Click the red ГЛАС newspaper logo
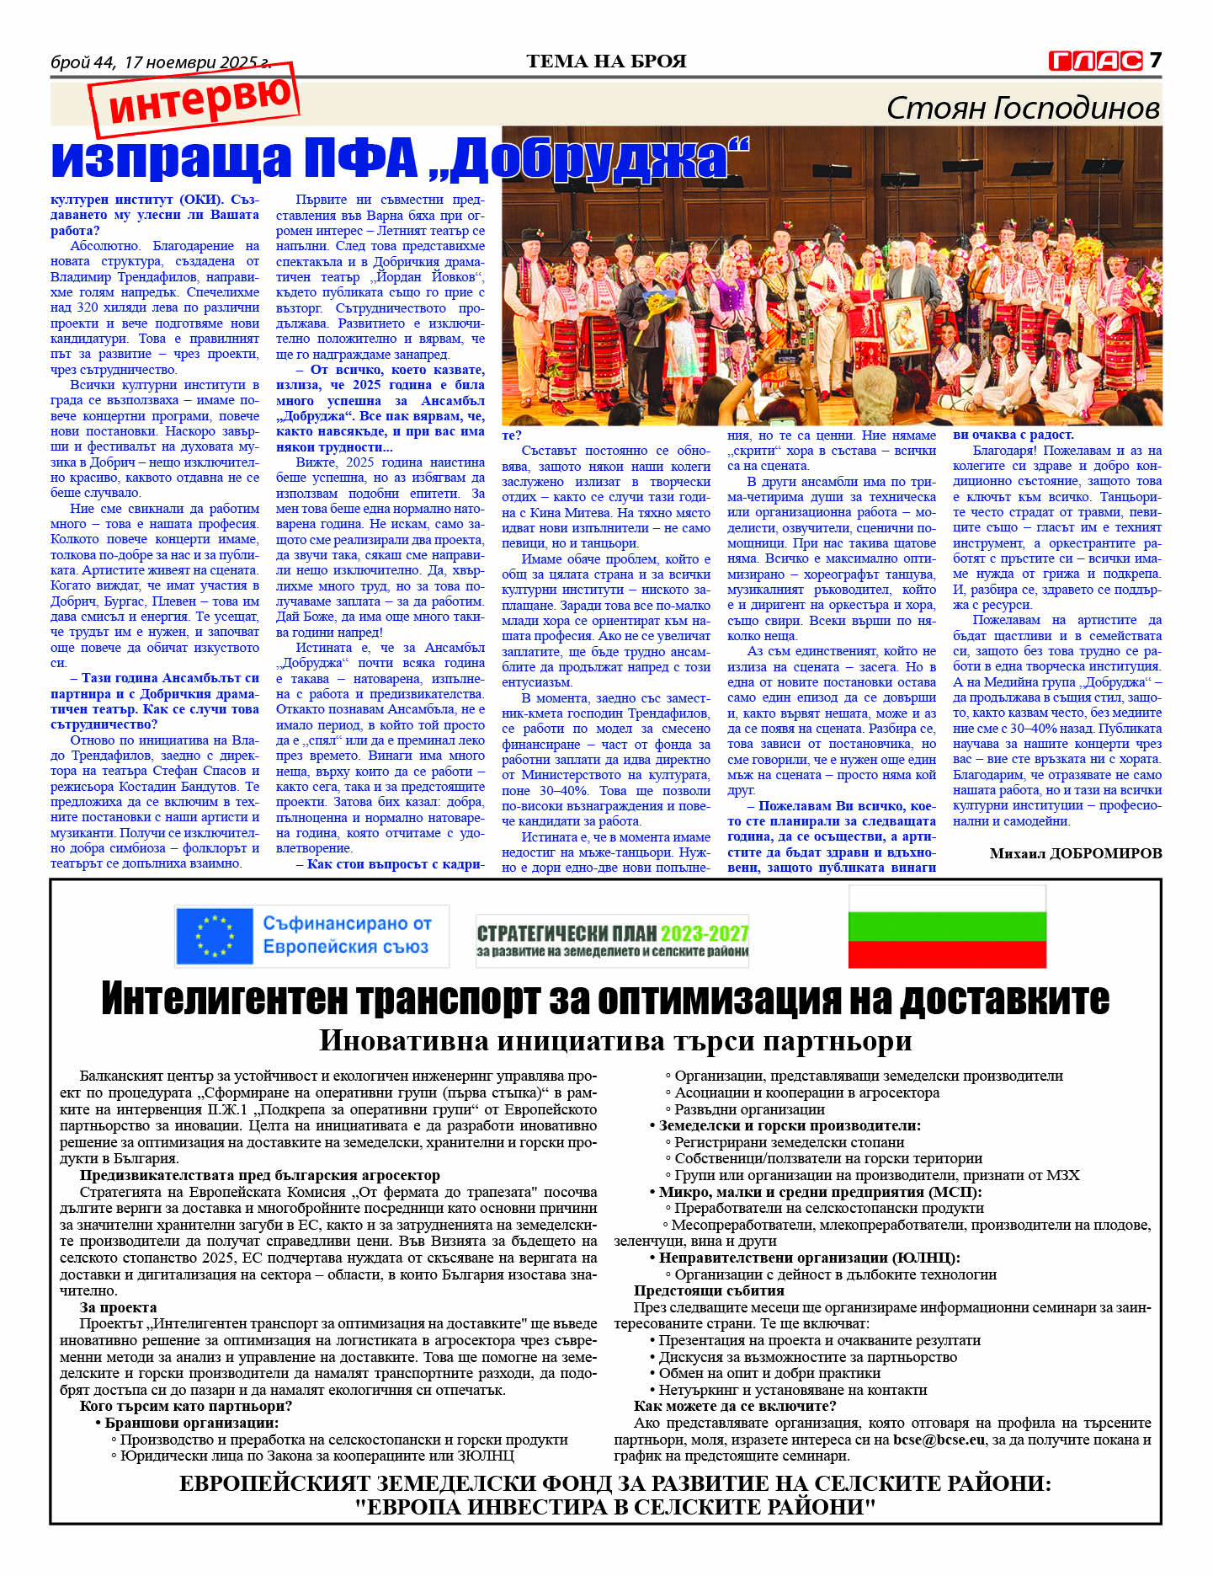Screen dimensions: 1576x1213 (1095, 61)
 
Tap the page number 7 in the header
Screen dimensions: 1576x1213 (1156, 60)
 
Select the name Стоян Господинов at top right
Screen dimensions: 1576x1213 (1023, 108)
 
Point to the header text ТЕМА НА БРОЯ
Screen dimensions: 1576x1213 (606, 61)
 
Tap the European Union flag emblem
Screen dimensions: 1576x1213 (214, 936)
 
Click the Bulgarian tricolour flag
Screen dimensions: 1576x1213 (947, 927)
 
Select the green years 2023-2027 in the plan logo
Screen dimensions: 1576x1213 (705, 933)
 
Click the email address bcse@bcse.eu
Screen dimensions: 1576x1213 (939, 1440)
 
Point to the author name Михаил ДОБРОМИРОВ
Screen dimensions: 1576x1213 (1075, 853)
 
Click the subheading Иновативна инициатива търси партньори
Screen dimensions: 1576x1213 (615, 1041)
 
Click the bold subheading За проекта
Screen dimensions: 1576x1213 (118, 1307)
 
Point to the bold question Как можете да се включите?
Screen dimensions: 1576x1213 (735, 1406)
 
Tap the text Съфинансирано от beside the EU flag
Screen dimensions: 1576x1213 (347, 923)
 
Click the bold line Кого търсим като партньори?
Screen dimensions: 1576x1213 (185, 1406)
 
